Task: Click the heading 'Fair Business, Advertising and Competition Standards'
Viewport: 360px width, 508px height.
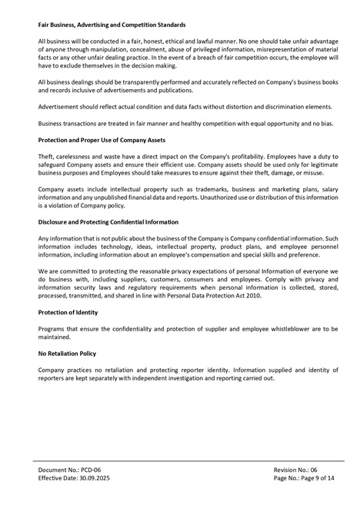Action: click(x=112, y=25)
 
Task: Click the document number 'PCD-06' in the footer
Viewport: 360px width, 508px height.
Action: click(x=92, y=470)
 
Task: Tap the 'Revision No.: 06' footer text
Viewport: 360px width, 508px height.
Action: click(x=295, y=470)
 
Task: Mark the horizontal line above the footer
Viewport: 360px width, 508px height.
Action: click(x=180, y=462)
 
